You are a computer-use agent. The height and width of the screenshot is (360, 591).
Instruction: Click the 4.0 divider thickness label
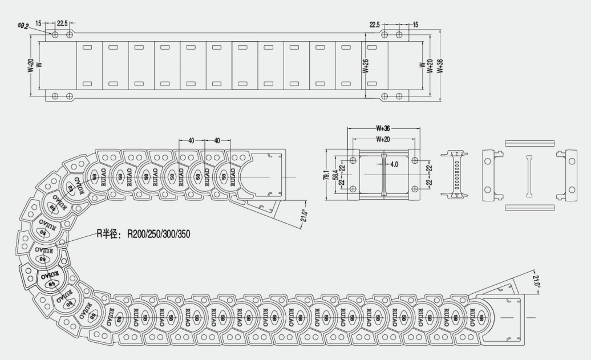click(394, 164)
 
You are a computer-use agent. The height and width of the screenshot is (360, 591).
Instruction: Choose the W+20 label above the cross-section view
click(383, 139)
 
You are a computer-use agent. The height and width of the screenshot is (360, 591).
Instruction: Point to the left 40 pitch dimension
click(191, 140)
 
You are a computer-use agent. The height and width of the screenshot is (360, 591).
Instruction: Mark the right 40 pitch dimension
click(217, 140)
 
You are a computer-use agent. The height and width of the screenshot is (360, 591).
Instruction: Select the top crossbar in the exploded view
click(530, 142)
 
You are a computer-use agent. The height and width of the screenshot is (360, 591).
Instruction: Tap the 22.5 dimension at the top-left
click(62, 23)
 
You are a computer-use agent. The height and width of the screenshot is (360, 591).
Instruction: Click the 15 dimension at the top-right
click(415, 24)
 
